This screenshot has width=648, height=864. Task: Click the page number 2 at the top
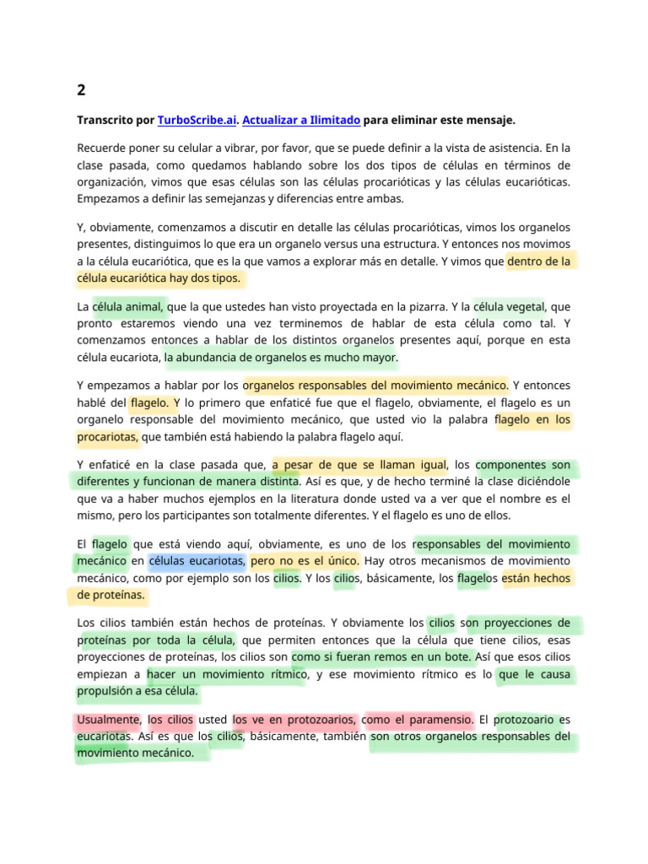(81, 89)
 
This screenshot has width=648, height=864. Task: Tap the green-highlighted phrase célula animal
(129, 306)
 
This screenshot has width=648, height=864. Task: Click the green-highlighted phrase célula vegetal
(509, 306)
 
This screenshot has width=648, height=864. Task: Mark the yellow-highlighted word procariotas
(107, 437)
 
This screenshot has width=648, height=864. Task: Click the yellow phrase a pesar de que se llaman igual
(359, 465)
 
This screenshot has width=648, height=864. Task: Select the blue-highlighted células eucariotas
(197, 561)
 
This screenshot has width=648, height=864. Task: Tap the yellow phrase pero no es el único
(305, 561)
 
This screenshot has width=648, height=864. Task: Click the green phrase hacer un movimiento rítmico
(225, 674)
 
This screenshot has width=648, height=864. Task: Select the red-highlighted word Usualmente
(108, 720)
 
